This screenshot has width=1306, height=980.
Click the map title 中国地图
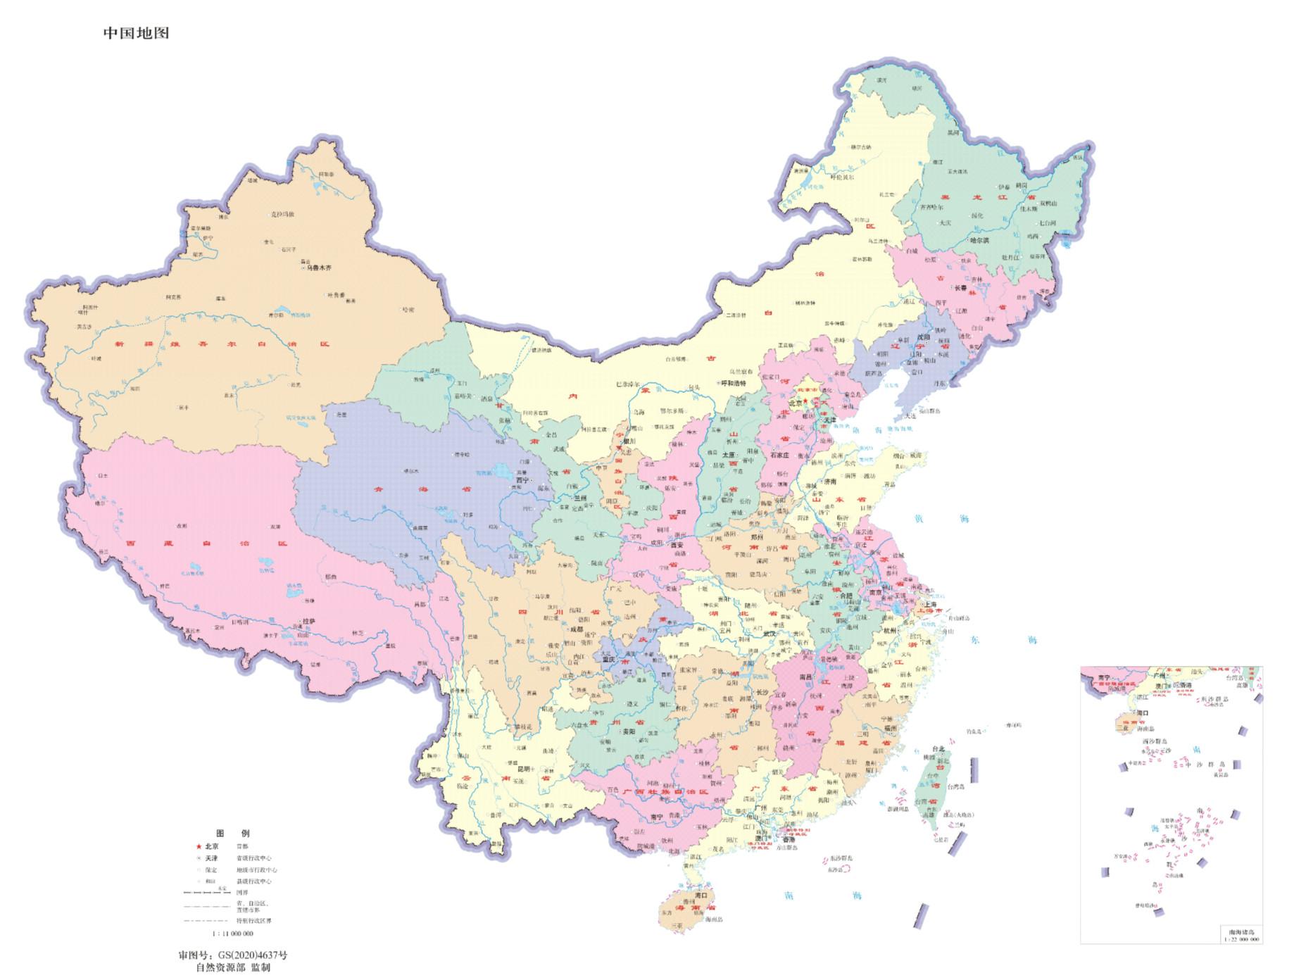click(x=136, y=33)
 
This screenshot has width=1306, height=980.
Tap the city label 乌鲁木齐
click(x=318, y=268)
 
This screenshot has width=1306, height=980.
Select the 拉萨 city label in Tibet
click(x=309, y=621)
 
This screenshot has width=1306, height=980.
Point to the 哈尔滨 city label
click(x=979, y=240)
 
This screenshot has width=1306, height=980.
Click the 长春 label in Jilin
click(x=960, y=288)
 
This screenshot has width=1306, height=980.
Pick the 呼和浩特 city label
click(x=733, y=384)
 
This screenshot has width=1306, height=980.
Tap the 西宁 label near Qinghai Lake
click(x=522, y=480)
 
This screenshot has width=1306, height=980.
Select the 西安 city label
click(x=677, y=545)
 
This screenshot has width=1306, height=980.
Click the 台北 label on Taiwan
click(x=937, y=749)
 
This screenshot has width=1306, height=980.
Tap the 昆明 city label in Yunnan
click(x=525, y=769)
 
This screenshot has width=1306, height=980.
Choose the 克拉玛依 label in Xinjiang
click(x=282, y=214)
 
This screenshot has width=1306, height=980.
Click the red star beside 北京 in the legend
click(x=199, y=846)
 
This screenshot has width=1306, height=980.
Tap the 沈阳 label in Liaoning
click(x=923, y=337)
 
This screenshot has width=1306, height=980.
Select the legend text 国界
click(x=242, y=893)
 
